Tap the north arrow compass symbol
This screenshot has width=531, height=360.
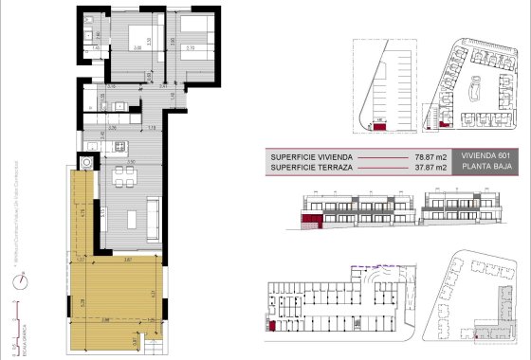[21, 280]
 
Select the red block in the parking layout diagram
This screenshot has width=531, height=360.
[379, 124]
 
